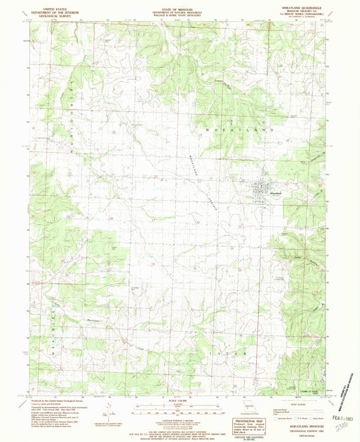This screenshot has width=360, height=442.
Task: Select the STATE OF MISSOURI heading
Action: click(x=180, y=5)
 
